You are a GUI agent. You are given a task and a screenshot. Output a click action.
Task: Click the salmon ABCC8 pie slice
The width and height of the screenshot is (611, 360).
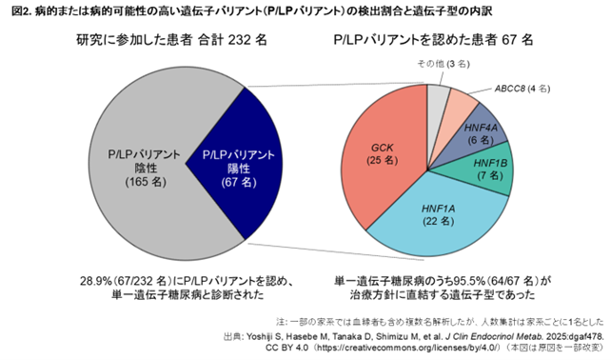[x=461, y=102]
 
